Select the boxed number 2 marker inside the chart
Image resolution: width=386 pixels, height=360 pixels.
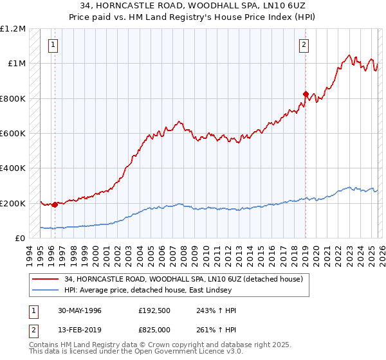[x=304, y=44]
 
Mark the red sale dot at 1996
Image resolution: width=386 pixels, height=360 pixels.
[x=55, y=204]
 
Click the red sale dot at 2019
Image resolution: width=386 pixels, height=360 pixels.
[x=306, y=94]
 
